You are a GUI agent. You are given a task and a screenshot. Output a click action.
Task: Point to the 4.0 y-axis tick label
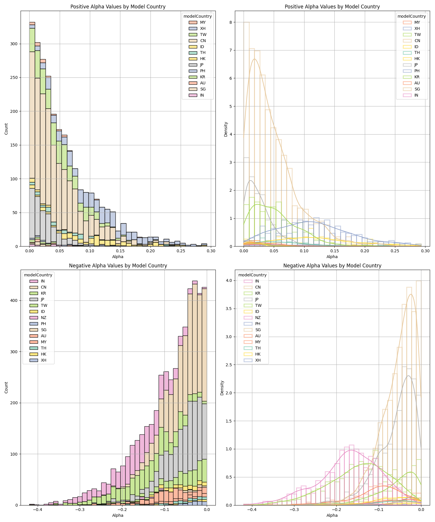coord(229,280)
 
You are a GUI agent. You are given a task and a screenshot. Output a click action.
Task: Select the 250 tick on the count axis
coord(14,77)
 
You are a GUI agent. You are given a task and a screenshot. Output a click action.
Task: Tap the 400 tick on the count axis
coord(14,300)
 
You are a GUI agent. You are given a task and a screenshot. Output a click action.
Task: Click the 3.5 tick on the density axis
coord(229,309)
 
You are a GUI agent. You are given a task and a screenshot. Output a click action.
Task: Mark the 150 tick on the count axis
coord(14,145)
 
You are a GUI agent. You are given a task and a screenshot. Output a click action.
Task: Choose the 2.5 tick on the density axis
coord(229,365)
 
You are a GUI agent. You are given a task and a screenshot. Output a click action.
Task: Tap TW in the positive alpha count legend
coord(203,35)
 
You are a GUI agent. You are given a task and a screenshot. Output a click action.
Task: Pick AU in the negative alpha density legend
coord(258,336)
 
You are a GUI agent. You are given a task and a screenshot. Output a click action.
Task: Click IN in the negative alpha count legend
coord(43,281)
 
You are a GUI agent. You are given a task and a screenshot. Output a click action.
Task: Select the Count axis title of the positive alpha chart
coord(6,128)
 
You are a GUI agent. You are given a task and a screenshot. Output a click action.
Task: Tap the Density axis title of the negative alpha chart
coord(222,387)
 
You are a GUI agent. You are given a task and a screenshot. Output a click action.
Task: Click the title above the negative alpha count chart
coord(118,266)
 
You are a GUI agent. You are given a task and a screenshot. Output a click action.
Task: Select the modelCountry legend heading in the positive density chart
coord(412,16)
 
